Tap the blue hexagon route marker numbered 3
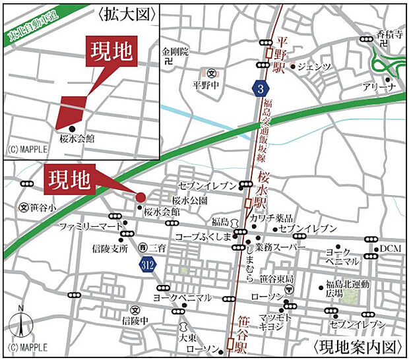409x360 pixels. [261, 88]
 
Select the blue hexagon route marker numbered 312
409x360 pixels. [148, 264]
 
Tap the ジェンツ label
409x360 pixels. [313, 67]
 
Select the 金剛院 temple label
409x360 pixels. [175, 51]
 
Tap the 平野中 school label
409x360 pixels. [205, 84]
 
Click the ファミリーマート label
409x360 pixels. [91, 226]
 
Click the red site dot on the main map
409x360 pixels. [141, 196]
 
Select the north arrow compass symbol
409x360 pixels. [21, 323]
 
